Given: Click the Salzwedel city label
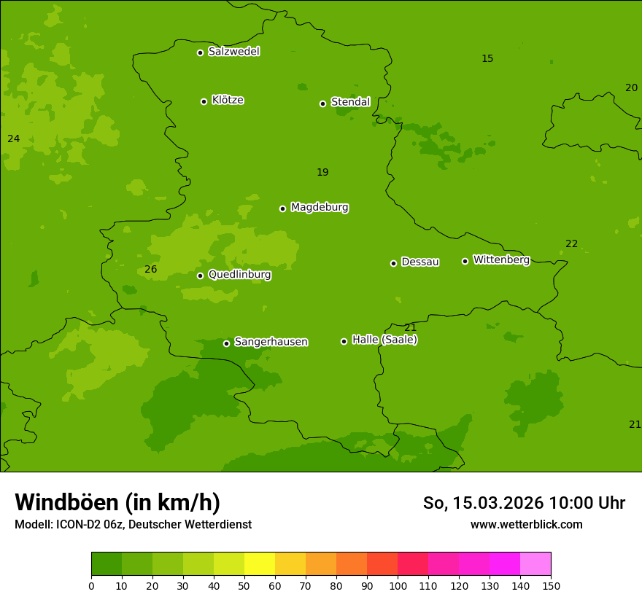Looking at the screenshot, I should click(x=233, y=52).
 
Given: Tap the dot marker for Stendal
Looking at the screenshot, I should click(x=322, y=104).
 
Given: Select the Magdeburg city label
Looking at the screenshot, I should click(x=320, y=208).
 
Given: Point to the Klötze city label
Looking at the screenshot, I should click(x=228, y=101).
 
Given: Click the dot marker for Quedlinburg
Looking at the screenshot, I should click(x=200, y=276).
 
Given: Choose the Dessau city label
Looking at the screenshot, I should click(x=420, y=262).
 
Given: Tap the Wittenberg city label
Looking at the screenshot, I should click(x=501, y=260).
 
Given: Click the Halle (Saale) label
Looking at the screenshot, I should click(x=384, y=340).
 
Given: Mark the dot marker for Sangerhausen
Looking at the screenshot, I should click(x=226, y=343).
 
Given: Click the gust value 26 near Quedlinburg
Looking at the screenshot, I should click(x=150, y=270).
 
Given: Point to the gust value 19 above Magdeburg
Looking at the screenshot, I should click(x=322, y=173).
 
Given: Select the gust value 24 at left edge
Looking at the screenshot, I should click(x=13, y=139).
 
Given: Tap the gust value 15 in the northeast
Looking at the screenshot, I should click(x=487, y=59).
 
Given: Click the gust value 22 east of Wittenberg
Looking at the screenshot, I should click(x=571, y=244).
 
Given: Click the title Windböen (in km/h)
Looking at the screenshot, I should click(x=117, y=502).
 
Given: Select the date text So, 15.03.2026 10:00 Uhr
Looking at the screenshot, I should click(x=524, y=503).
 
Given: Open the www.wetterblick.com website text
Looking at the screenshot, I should click(x=526, y=525).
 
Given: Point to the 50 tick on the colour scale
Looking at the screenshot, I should click(x=244, y=585).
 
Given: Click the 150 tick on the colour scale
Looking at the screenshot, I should click(x=551, y=585).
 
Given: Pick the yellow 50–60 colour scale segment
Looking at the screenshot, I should click(x=260, y=564).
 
